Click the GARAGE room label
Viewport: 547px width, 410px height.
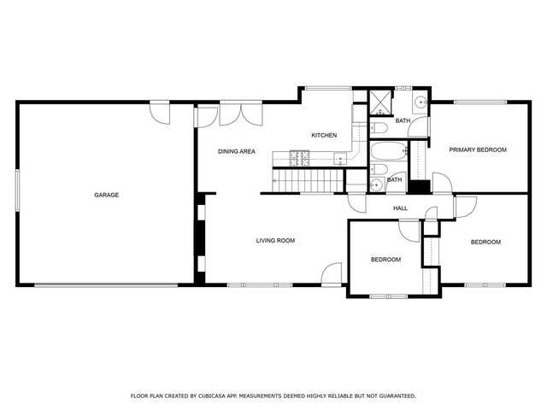106,195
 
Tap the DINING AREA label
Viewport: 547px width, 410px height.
237,151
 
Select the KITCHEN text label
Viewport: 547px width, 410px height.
324,135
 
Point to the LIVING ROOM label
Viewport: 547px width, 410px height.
275,240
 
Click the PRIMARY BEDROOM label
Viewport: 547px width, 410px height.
478,150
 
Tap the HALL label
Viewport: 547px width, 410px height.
400,208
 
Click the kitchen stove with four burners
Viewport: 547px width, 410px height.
300,158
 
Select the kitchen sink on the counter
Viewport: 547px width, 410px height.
340,160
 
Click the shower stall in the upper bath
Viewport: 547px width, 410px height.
381,102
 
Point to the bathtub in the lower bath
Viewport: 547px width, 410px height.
389,151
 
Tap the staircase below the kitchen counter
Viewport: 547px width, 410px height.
308,180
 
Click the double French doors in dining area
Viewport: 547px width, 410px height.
241,114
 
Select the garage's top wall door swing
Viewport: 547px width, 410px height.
160,114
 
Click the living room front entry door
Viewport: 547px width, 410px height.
331,275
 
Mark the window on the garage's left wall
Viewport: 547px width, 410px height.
17,190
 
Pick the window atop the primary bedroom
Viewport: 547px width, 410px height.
480,102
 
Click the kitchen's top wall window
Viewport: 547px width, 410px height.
328,88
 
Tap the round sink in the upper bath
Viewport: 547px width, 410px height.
421,102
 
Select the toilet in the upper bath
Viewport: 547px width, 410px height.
378,127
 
